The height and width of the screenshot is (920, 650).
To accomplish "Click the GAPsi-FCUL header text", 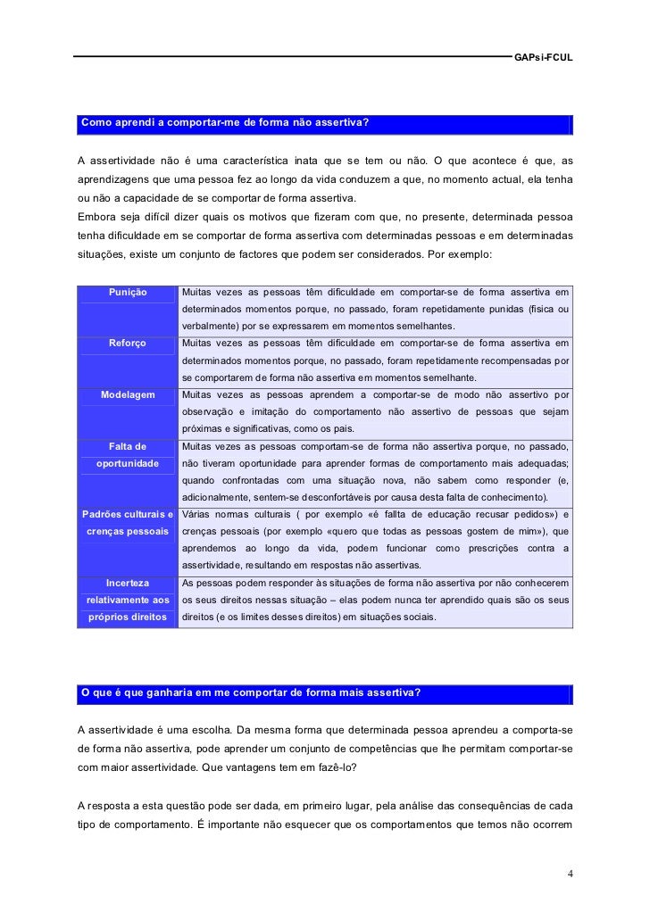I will click(x=543, y=57).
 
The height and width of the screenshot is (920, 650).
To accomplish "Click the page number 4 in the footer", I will click(x=570, y=873).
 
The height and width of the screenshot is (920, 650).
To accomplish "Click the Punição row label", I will click(x=128, y=292).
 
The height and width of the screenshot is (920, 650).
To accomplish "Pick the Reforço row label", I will click(x=128, y=344).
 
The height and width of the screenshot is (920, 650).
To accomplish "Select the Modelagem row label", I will click(x=128, y=394).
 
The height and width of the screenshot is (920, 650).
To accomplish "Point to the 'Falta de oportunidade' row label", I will click(x=128, y=454).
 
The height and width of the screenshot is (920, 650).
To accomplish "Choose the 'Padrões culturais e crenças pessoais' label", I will click(x=128, y=522).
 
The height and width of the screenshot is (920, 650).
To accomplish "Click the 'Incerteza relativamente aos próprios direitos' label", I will click(x=128, y=599).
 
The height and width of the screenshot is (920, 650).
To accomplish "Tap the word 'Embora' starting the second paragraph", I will click(x=97, y=215).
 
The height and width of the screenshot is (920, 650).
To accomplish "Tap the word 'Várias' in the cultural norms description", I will click(x=198, y=514).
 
